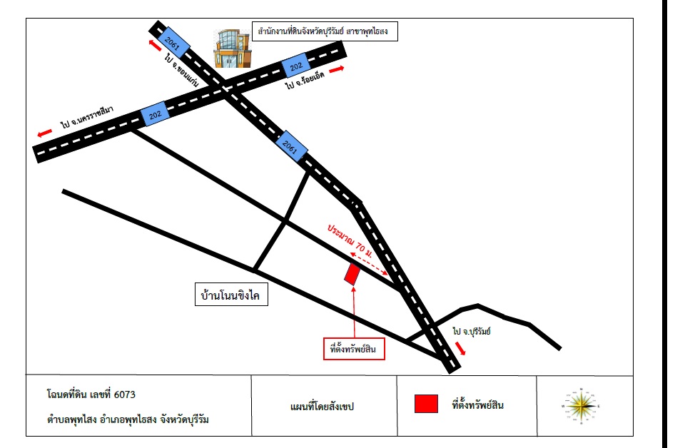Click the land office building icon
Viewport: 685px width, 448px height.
pyautogui.click(x=232, y=49)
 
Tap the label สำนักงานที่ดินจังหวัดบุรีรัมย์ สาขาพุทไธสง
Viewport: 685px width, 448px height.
pyautogui.click(x=325, y=31)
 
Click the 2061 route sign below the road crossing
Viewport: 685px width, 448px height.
pyautogui.click(x=292, y=146)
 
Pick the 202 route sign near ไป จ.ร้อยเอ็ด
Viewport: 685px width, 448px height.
pyautogui.click(x=295, y=66)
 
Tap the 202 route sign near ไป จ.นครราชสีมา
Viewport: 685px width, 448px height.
pyautogui.click(x=155, y=115)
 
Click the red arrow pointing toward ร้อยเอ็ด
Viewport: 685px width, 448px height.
pyautogui.click(x=336, y=69)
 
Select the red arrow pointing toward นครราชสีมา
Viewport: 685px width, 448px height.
pyautogui.click(x=44, y=133)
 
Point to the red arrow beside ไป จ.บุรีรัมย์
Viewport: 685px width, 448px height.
pyautogui.click(x=460, y=348)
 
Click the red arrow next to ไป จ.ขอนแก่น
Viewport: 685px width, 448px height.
pyautogui.click(x=155, y=44)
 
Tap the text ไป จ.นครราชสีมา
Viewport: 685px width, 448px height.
pyautogui.click(x=87, y=116)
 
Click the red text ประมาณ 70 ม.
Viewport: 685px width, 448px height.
pyautogui.click(x=350, y=241)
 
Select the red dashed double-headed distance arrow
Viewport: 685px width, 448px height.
pyautogui.click(x=369, y=263)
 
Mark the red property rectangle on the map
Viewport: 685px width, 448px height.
pyautogui.click(x=352, y=274)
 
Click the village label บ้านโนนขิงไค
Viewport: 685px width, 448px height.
pyautogui.click(x=231, y=295)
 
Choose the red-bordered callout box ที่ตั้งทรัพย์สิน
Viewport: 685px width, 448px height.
pyautogui.click(x=354, y=349)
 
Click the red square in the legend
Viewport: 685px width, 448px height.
pyautogui.click(x=426, y=404)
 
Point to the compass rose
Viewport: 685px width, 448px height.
pyautogui.click(x=581, y=406)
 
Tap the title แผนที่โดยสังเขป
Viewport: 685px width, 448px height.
pyautogui.click(x=322, y=407)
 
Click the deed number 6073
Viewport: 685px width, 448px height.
pyautogui.click(x=124, y=394)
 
